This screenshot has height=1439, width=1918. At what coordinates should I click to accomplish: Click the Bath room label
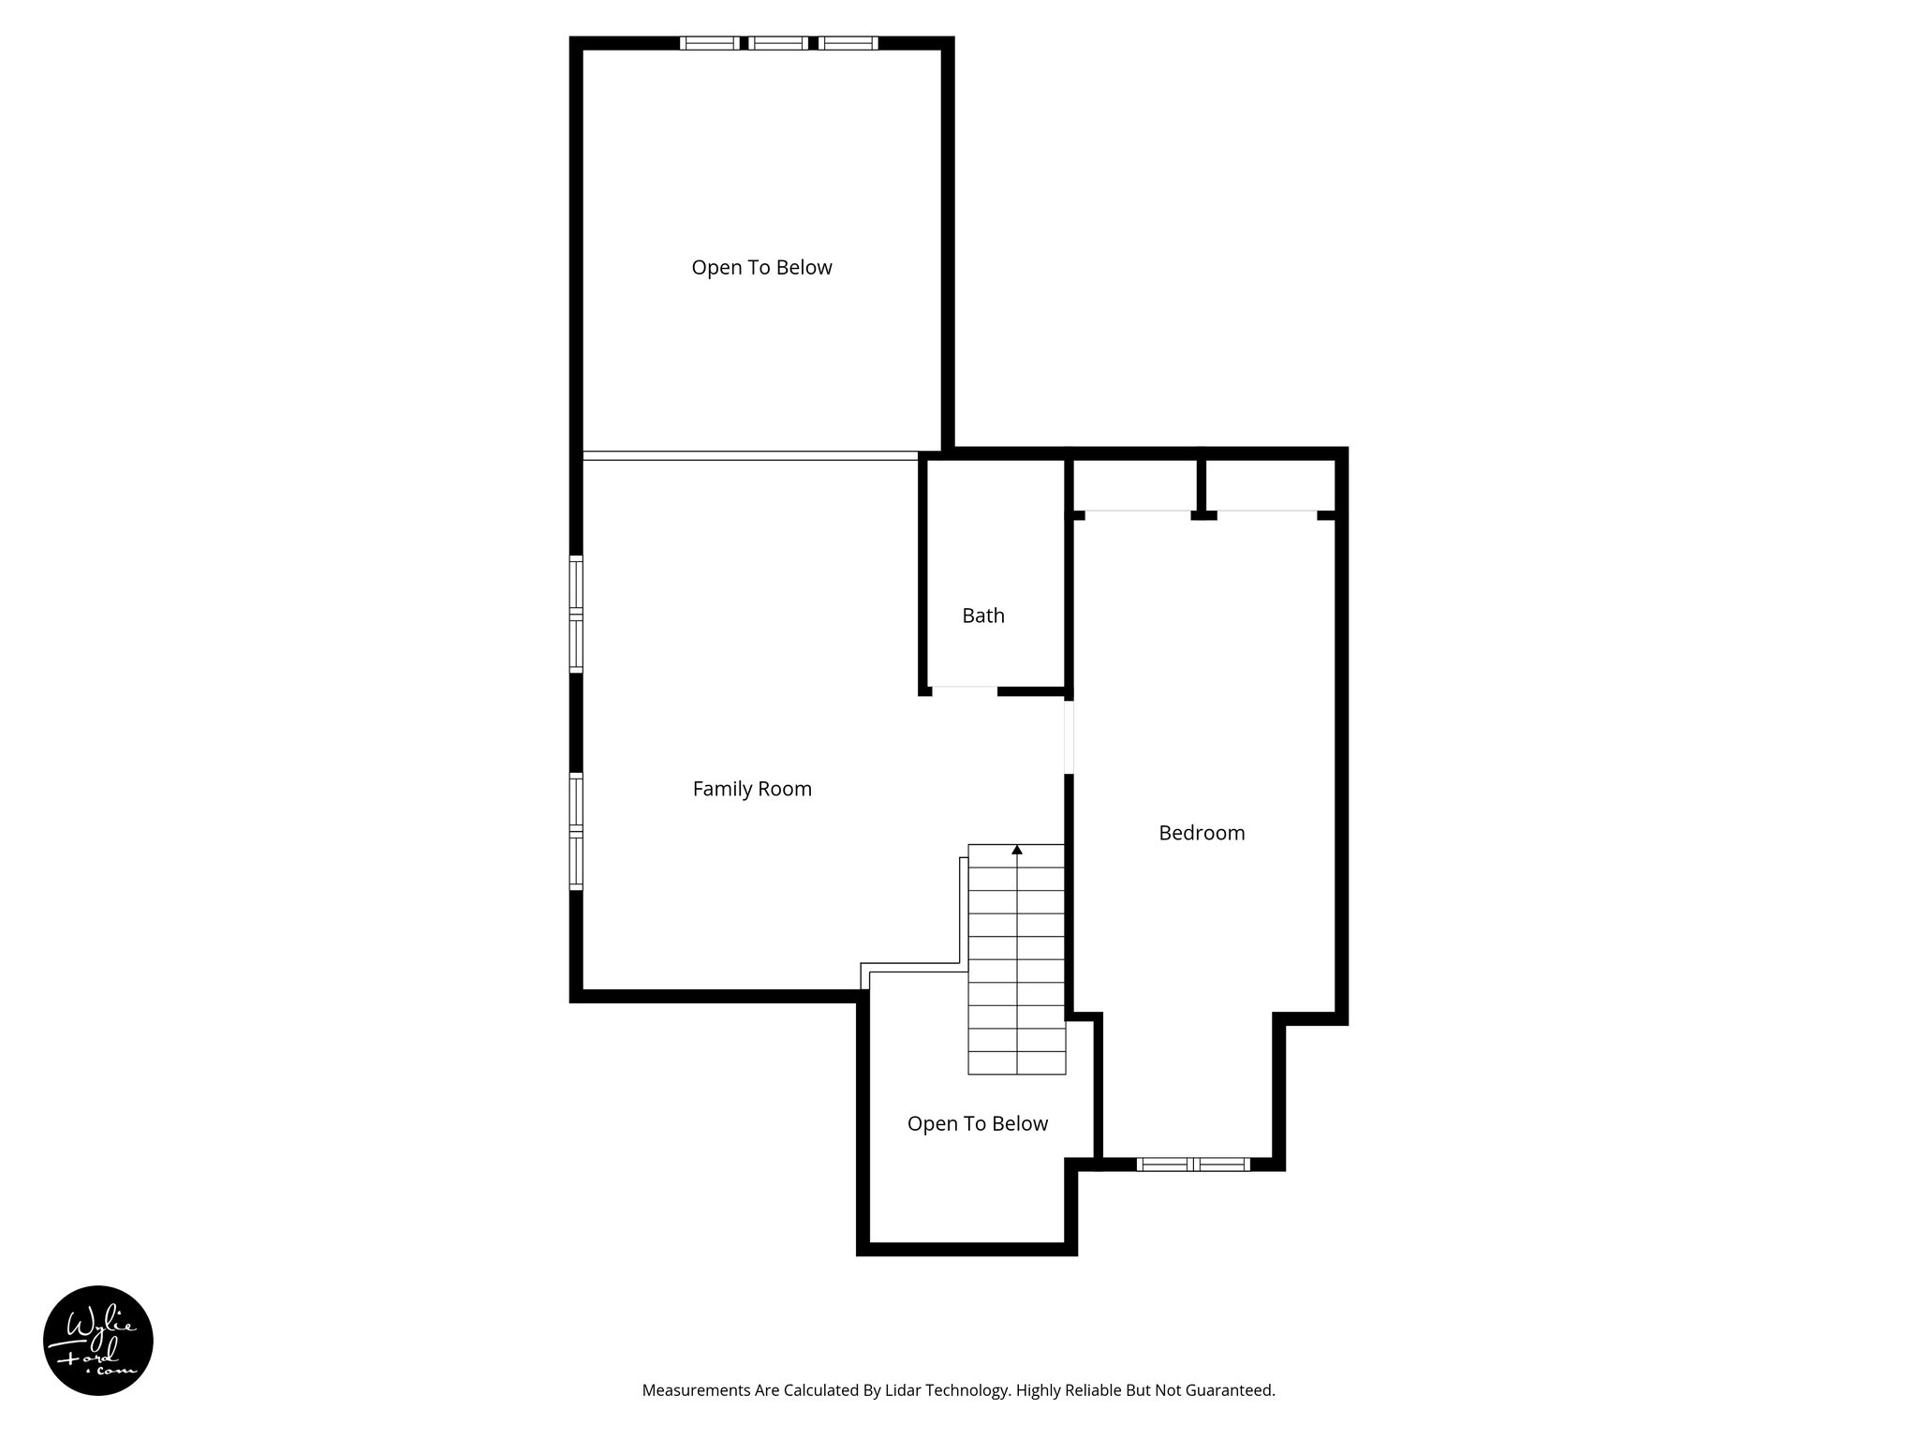982,616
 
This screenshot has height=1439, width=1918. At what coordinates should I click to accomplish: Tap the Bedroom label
1202,833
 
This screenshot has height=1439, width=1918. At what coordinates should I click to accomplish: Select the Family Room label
751,789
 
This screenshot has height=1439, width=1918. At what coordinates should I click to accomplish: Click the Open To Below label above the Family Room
761,268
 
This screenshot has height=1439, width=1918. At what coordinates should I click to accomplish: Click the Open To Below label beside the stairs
977,1123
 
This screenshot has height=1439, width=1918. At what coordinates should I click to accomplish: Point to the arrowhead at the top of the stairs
1017,850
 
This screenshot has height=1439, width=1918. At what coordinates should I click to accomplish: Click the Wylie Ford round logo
98,1341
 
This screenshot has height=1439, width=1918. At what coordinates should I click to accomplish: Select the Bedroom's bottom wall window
1193,1165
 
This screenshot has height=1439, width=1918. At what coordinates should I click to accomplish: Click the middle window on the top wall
778,42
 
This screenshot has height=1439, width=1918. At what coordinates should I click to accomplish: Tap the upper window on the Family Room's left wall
577,615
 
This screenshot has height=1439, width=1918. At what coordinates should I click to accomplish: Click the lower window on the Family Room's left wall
577,831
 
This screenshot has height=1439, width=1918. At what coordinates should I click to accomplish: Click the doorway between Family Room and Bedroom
1069,737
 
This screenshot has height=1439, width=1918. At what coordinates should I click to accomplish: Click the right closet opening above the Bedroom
1266,512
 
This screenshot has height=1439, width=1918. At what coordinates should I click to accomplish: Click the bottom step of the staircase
1016,1063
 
